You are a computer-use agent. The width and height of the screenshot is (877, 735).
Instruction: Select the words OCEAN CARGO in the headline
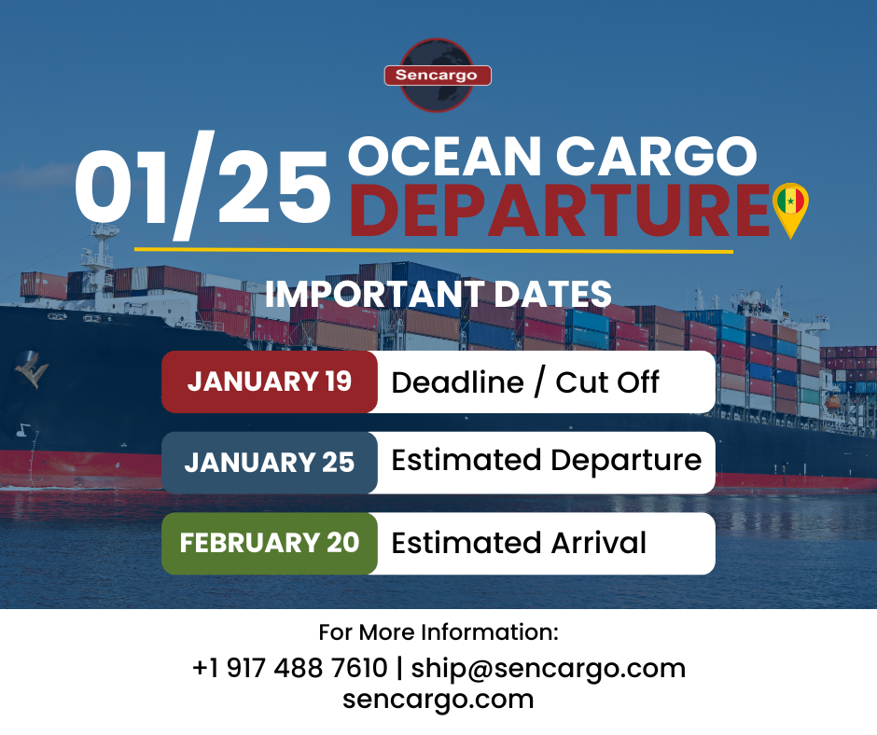pos(551,156)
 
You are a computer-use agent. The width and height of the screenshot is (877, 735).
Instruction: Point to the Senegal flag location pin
pos(791,207)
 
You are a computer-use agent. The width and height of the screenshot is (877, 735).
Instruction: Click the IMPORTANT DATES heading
pos(438,294)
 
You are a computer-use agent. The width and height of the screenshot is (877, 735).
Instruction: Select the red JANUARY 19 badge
pos(270,381)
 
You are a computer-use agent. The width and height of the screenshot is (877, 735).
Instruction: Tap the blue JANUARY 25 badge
pos(270,463)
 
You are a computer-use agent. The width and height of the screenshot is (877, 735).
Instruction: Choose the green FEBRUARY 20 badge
pos(270,543)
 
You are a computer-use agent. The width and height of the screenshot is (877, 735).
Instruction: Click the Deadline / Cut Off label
pos(525,381)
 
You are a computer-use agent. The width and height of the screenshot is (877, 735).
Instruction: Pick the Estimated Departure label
pos(546,461)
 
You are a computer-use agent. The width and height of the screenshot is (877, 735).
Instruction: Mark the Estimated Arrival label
pos(519,543)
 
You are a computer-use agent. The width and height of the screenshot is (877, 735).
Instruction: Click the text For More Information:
pos(438,632)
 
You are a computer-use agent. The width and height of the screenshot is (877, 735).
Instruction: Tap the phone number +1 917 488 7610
pos(289,668)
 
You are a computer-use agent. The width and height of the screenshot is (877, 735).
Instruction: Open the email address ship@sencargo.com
pos(549,668)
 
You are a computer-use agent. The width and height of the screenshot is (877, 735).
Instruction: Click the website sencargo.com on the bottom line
pos(438,700)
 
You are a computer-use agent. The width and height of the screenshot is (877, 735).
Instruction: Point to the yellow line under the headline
pos(434,249)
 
